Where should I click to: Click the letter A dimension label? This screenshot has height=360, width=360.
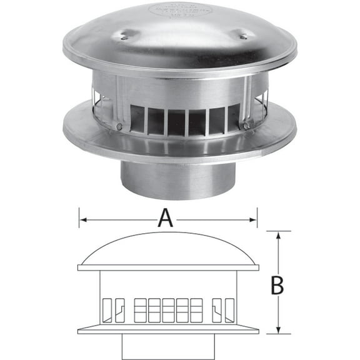point(164,219)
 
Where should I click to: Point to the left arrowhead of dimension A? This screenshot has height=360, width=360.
point(81,219)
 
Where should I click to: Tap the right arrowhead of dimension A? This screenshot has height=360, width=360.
point(254,219)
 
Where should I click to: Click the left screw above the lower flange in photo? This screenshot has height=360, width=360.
point(119,127)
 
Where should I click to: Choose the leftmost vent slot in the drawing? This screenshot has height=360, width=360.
point(106,308)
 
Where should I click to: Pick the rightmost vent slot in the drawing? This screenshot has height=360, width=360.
point(229,308)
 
